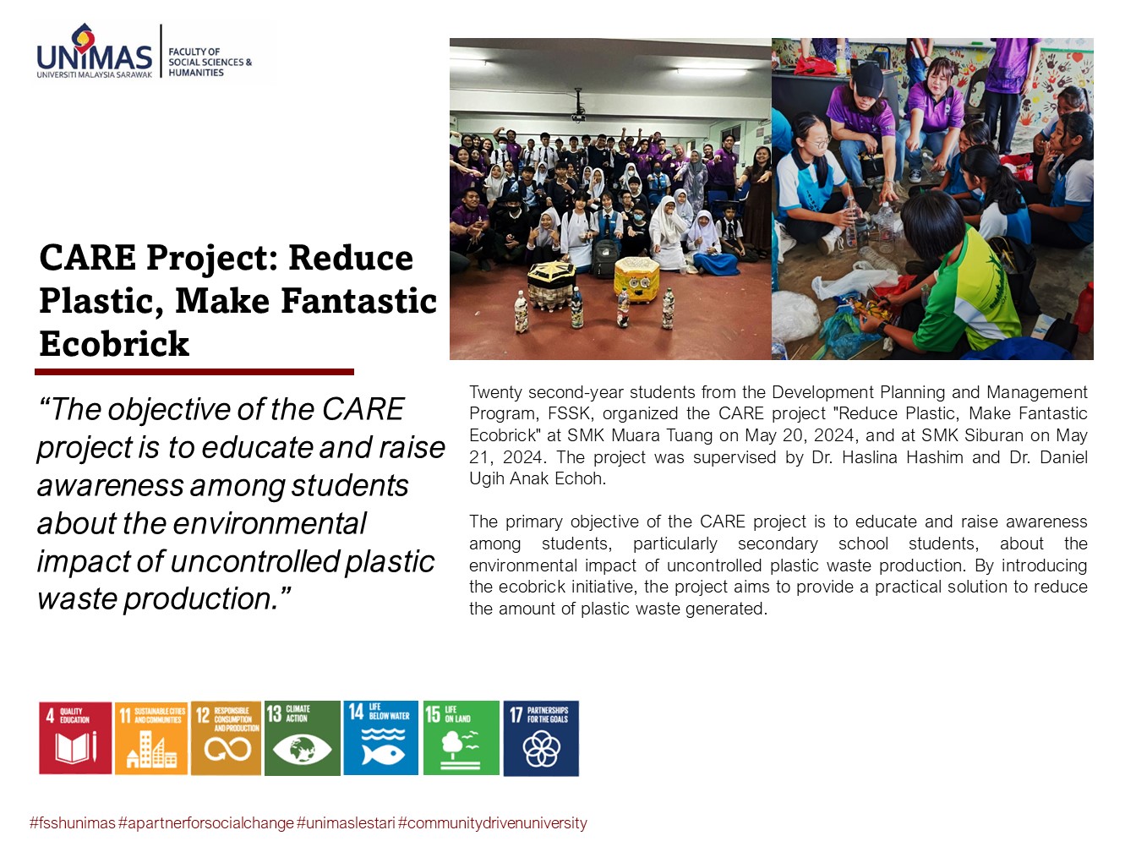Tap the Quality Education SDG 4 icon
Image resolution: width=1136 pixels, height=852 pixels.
(x=75, y=738)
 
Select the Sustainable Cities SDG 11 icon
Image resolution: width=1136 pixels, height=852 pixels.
(x=151, y=738)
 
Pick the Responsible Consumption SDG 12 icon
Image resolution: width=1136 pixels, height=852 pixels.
(x=227, y=738)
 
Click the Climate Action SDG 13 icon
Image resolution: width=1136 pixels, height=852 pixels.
(x=303, y=738)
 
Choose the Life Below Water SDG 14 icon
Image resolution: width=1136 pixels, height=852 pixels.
(x=380, y=738)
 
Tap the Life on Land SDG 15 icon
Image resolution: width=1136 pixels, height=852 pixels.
(x=461, y=738)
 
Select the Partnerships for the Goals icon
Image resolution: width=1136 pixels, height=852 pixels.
(x=541, y=738)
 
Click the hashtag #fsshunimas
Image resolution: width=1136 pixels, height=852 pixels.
(x=73, y=823)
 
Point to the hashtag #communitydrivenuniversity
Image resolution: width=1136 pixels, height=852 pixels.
(x=492, y=823)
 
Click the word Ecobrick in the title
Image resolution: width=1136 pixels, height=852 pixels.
(x=114, y=343)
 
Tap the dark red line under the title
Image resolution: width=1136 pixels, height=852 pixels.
(x=194, y=372)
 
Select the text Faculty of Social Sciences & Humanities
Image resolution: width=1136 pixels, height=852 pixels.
(x=210, y=62)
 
